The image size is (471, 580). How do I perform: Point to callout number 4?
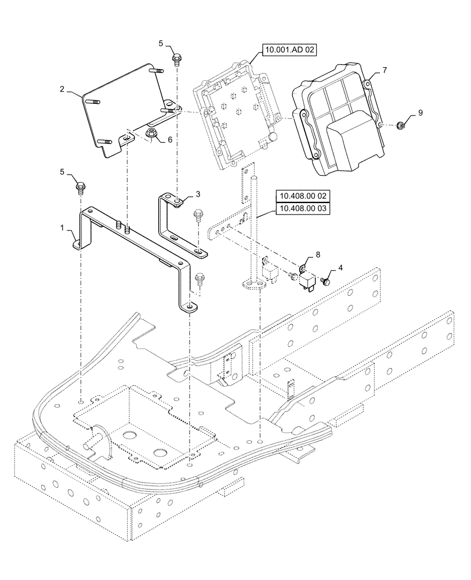coord(340,267)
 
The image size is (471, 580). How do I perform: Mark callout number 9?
coord(421,112)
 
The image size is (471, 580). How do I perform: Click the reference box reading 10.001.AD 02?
coord(288,51)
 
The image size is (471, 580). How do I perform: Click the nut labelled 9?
coord(400,125)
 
